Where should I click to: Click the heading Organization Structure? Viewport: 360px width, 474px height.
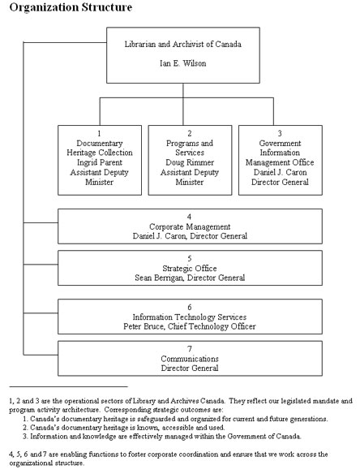tap(59, 7)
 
